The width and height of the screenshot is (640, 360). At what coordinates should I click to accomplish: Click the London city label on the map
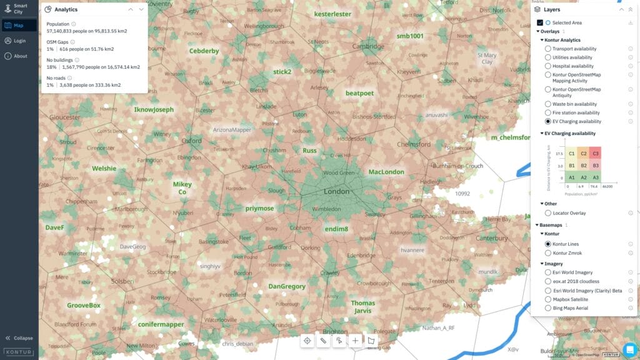pyautogui.click(x=336, y=191)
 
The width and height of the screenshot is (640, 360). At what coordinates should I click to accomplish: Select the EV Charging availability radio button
pyautogui.click(x=548, y=121)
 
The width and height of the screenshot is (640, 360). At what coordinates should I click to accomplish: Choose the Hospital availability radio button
pyautogui.click(x=548, y=66)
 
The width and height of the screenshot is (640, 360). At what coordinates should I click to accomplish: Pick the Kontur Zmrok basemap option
pyautogui.click(x=548, y=253)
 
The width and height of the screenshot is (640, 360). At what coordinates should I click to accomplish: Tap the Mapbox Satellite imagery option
pyautogui.click(x=548, y=299)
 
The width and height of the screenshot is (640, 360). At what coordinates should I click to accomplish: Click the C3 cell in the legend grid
pyautogui.click(x=596, y=154)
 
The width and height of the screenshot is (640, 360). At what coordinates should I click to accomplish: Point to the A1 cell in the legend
pyautogui.click(x=572, y=177)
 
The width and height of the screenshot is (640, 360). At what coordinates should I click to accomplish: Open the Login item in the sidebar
pyautogui.click(x=19, y=41)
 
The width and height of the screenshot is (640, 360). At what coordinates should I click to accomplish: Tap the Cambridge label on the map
pyautogui.click(x=368, y=46)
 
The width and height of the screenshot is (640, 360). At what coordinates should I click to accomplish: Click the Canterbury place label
pyautogui.click(x=492, y=238)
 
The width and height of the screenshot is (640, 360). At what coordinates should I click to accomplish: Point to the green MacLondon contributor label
pyautogui.click(x=386, y=172)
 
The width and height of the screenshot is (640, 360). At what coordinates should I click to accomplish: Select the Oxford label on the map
pyautogui.click(x=191, y=141)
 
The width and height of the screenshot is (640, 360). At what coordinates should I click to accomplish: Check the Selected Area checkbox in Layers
pyautogui.click(x=540, y=22)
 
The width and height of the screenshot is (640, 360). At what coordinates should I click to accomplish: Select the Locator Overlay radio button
pyautogui.click(x=548, y=213)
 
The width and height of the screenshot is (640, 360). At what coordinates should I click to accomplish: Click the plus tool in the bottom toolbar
pyautogui.click(x=355, y=341)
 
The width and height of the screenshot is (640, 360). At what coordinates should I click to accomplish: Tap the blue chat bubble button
pyautogui.click(x=629, y=349)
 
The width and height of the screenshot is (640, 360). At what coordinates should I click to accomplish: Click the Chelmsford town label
pyautogui.click(x=414, y=144)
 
